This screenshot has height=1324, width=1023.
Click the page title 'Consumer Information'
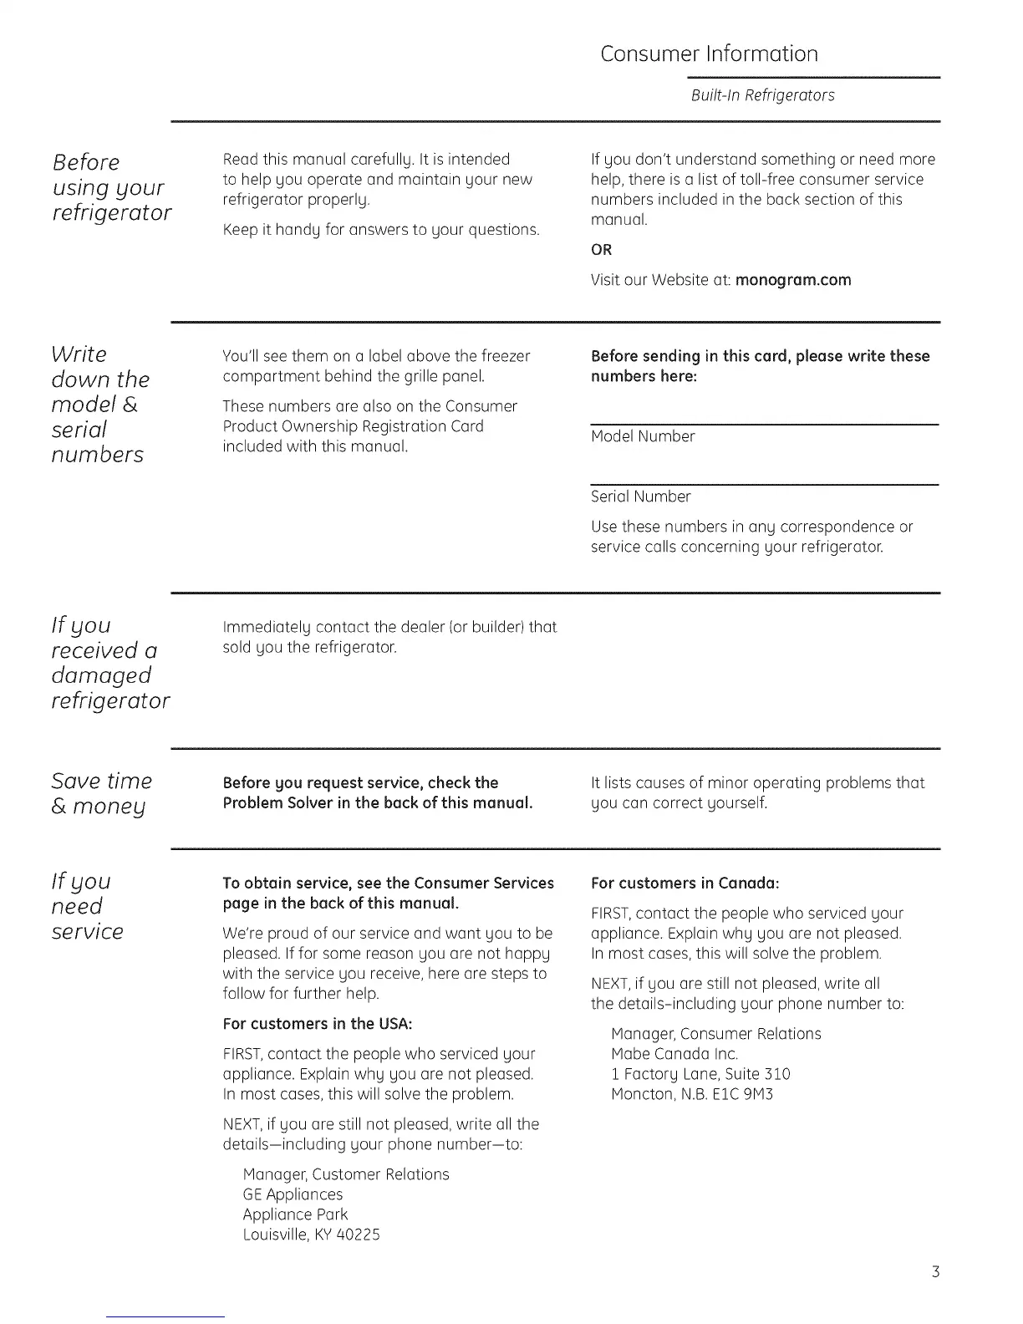coord(709,54)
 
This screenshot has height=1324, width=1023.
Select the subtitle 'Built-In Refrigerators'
coord(762,95)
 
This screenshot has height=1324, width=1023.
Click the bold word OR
coord(601,250)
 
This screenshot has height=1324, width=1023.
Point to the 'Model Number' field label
coord(643,436)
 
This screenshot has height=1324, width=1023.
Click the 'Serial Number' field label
coord(640,496)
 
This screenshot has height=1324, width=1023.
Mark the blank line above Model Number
coord(764,425)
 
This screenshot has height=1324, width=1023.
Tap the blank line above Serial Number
coord(764,485)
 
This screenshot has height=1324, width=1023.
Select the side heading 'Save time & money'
coord(101,793)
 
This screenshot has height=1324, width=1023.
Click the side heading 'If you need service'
coord(87,906)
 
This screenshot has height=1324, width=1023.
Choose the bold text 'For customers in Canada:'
coord(685,884)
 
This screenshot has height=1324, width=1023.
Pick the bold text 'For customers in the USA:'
coord(318,1024)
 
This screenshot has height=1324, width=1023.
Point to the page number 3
coord(935,1272)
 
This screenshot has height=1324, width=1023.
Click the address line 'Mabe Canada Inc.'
coord(674,1054)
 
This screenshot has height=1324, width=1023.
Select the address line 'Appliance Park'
coord(295,1215)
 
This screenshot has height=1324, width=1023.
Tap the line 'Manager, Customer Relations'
coord(345,1174)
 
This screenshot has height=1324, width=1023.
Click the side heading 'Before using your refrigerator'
coord(111,187)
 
